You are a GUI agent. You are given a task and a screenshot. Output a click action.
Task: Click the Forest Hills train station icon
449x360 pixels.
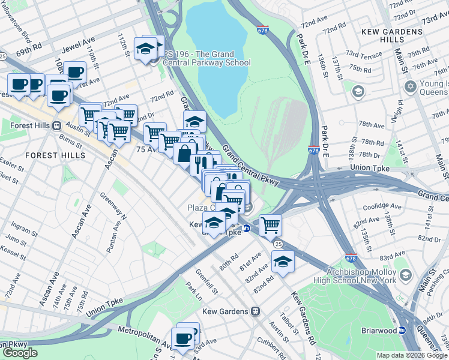click(57, 125)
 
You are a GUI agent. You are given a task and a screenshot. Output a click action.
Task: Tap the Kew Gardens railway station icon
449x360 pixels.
click(255, 311)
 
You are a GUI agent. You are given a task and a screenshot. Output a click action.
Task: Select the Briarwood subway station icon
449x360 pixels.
click(402, 329)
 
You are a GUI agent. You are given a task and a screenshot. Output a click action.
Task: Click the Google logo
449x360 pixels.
click(20, 353)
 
